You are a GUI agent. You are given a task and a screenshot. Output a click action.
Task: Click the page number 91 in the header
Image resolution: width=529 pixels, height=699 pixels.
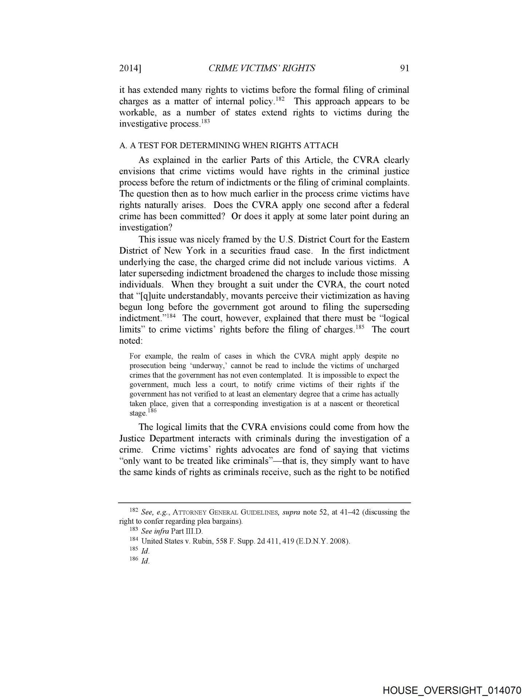click(x=404, y=68)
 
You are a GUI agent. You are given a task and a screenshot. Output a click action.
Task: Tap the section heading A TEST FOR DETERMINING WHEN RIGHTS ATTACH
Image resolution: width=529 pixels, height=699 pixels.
click(x=229, y=146)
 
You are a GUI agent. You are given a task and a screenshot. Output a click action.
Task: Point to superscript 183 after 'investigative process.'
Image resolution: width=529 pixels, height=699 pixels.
click(x=206, y=121)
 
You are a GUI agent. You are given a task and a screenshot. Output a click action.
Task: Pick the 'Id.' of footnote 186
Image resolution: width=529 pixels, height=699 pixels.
click(x=145, y=561)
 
